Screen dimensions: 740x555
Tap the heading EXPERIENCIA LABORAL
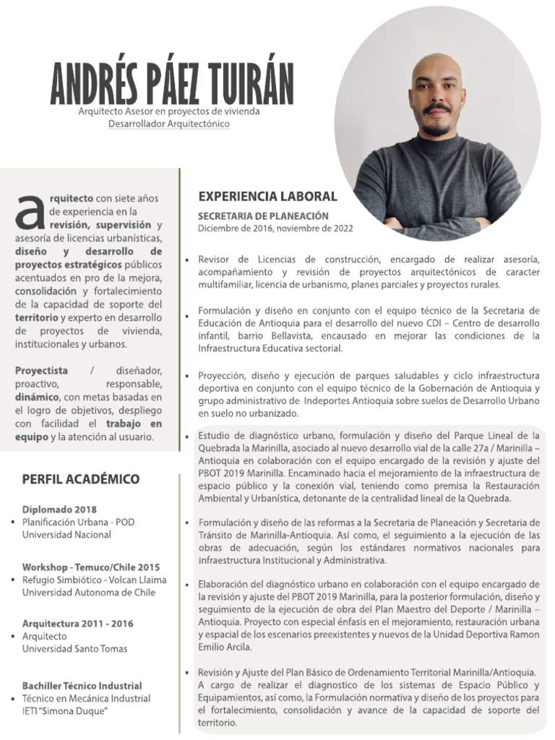point(267,197)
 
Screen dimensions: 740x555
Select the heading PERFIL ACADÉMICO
point(81,479)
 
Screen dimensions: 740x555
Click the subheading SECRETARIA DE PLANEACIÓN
point(263,216)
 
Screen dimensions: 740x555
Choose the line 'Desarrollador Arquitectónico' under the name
point(168,124)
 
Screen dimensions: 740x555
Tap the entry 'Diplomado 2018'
point(59,509)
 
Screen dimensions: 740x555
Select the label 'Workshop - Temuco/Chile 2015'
point(91,567)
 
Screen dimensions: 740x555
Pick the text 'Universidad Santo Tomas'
point(74,649)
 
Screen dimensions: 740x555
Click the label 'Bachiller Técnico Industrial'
point(82,686)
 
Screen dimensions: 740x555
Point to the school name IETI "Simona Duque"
point(65,712)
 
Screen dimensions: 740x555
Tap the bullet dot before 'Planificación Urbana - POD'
point(14,522)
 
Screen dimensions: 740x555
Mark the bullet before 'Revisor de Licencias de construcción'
point(188,259)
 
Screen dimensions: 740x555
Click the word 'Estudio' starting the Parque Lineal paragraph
point(215,436)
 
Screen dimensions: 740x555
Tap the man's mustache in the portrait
point(437,109)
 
